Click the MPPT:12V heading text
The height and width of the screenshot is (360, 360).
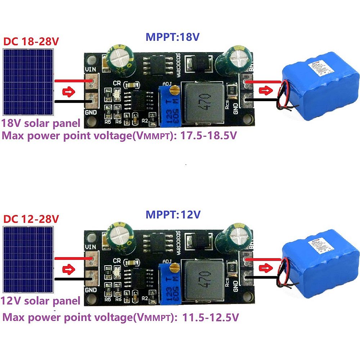tap(173, 215)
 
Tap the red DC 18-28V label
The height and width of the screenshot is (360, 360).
tap(31, 41)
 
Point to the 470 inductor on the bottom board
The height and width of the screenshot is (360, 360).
tap(203, 279)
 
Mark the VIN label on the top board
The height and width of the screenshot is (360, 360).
tap(90, 70)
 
